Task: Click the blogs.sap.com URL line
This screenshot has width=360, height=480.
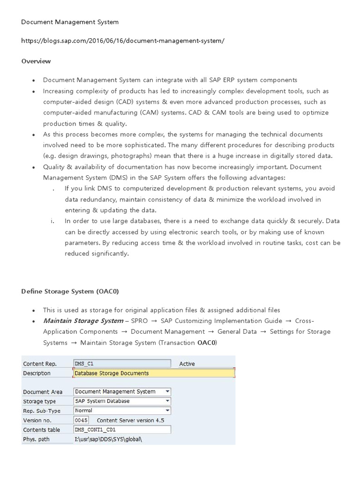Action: pyautogui.click(x=123, y=41)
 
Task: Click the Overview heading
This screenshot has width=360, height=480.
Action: pyautogui.click(x=36, y=61)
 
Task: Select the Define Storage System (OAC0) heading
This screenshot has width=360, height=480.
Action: pyautogui.click(x=70, y=292)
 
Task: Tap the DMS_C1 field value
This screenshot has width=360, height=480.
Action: pyautogui.click(x=122, y=363)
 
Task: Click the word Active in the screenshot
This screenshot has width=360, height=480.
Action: pyautogui.click(x=187, y=364)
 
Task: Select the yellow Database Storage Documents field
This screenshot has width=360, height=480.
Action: pyautogui.click(x=154, y=373)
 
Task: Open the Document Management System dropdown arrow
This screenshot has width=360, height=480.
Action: pyautogui.click(x=168, y=391)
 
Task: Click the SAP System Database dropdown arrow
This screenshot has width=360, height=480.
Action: pyautogui.click(x=168, y=401)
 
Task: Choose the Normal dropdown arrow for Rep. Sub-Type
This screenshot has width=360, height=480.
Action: pyautogui.click(x=168, y=411)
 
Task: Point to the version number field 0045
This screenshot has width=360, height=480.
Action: pyautogui.click(x=81, y=420)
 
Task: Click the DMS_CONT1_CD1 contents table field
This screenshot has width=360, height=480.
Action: pyautogui.click(x=122, y=430)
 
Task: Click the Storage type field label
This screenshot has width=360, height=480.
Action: pyautogui.click(x=39, y=401)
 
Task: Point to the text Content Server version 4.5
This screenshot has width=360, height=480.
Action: pyautogui.click(x=130, y=420)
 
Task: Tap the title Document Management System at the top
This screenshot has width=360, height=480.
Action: pyautogui.click(x=70, y=22)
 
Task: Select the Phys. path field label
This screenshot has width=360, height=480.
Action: pyautogui.click(x=36, y=439)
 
